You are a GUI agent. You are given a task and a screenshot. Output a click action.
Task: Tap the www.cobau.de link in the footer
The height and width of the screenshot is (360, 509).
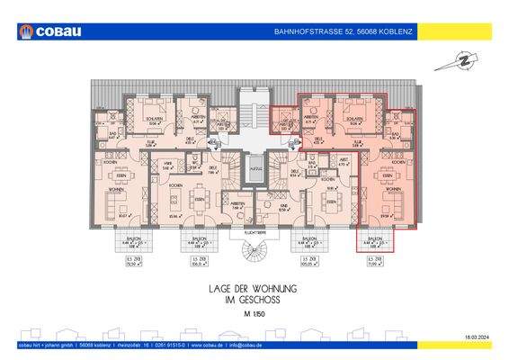point(204,346)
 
